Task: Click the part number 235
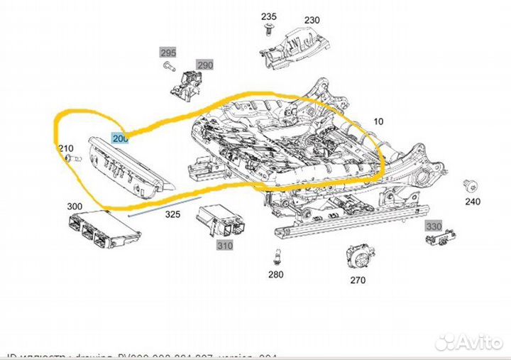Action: click(x=268, y=16)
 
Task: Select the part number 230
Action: click(x=312, y=21)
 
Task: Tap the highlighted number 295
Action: click(x=167, y=53)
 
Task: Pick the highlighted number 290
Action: click(x=205, y=65)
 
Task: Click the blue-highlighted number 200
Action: click(x=120, y=138)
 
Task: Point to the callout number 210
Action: click(x=65, y=148)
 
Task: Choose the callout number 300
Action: click(x=75, y=207)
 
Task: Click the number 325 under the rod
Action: click(x=172, y=214)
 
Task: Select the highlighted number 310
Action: click(x=225, y=246)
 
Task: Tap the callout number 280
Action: click(x=276, y=274)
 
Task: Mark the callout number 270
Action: click(x=358, y=280)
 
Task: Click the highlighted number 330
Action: click(x=433, y=226)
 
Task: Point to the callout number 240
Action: click(x=473, y=202)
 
